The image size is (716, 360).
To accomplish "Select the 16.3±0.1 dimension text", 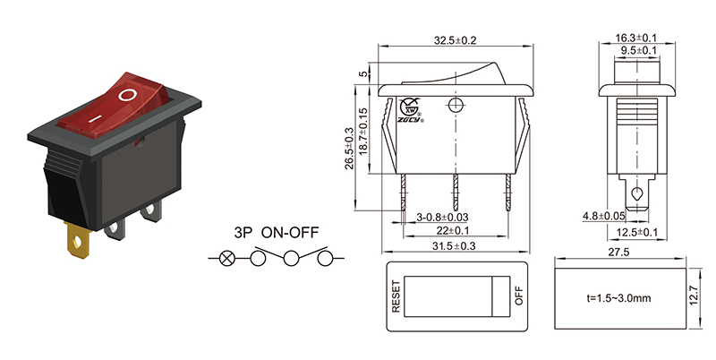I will coord(636,39).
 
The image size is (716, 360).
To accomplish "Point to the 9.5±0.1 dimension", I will coord(636,50).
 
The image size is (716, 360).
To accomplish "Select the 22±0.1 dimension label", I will coord(455,231).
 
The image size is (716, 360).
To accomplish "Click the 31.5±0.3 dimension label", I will coord(455,246).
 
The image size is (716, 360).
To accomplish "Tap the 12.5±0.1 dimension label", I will coord(637,232).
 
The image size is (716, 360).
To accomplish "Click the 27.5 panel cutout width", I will coord(620,253).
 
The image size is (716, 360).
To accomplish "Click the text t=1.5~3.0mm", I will coord(619,296).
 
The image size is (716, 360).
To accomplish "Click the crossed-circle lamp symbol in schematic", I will coord(227,260).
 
